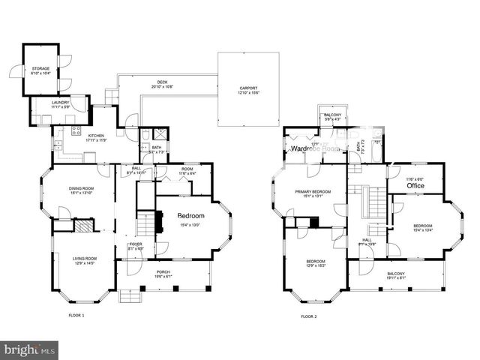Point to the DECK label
(x=162, y=85)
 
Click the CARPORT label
(x=248, y=89)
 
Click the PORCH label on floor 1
(x=163, y=274)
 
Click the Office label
(x=415, y=185)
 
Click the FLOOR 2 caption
(x=309, y=316)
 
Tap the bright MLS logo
(x=30, y=349)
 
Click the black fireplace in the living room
(x=86, y=228)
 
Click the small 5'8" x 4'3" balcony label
(x=332, y=117)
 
